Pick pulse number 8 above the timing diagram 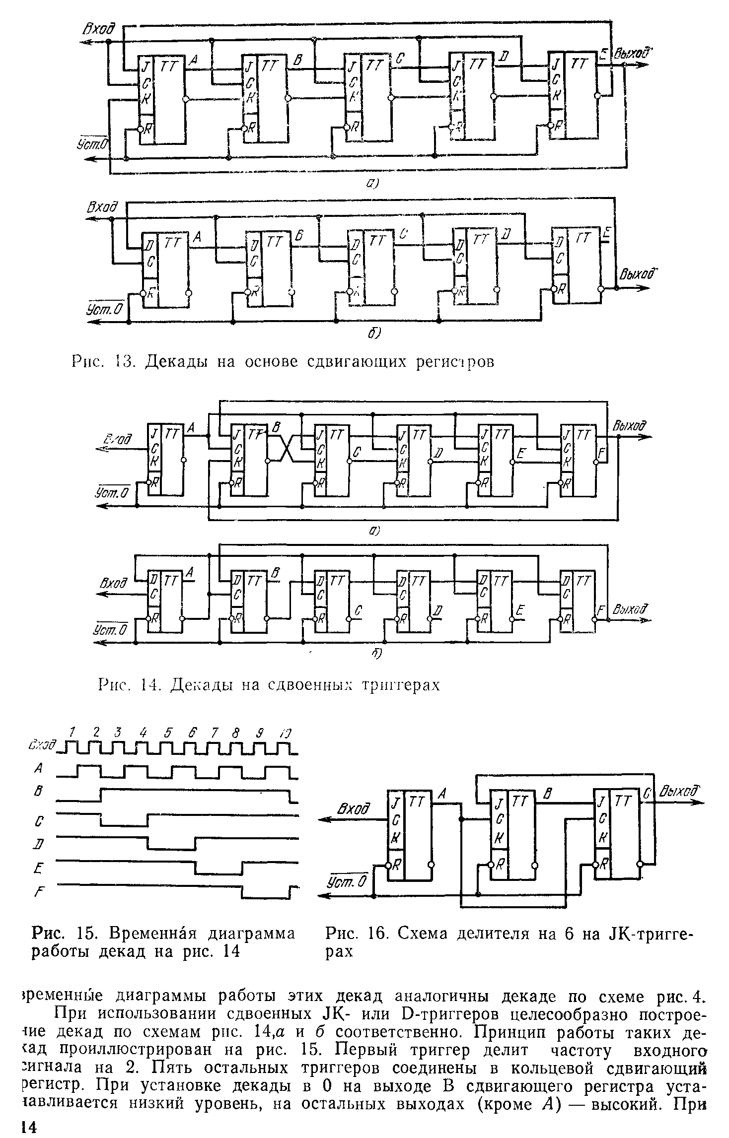(x=236, y=733)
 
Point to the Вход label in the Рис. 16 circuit (x=354, y=809)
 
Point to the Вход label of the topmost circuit (x=98, y=31)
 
